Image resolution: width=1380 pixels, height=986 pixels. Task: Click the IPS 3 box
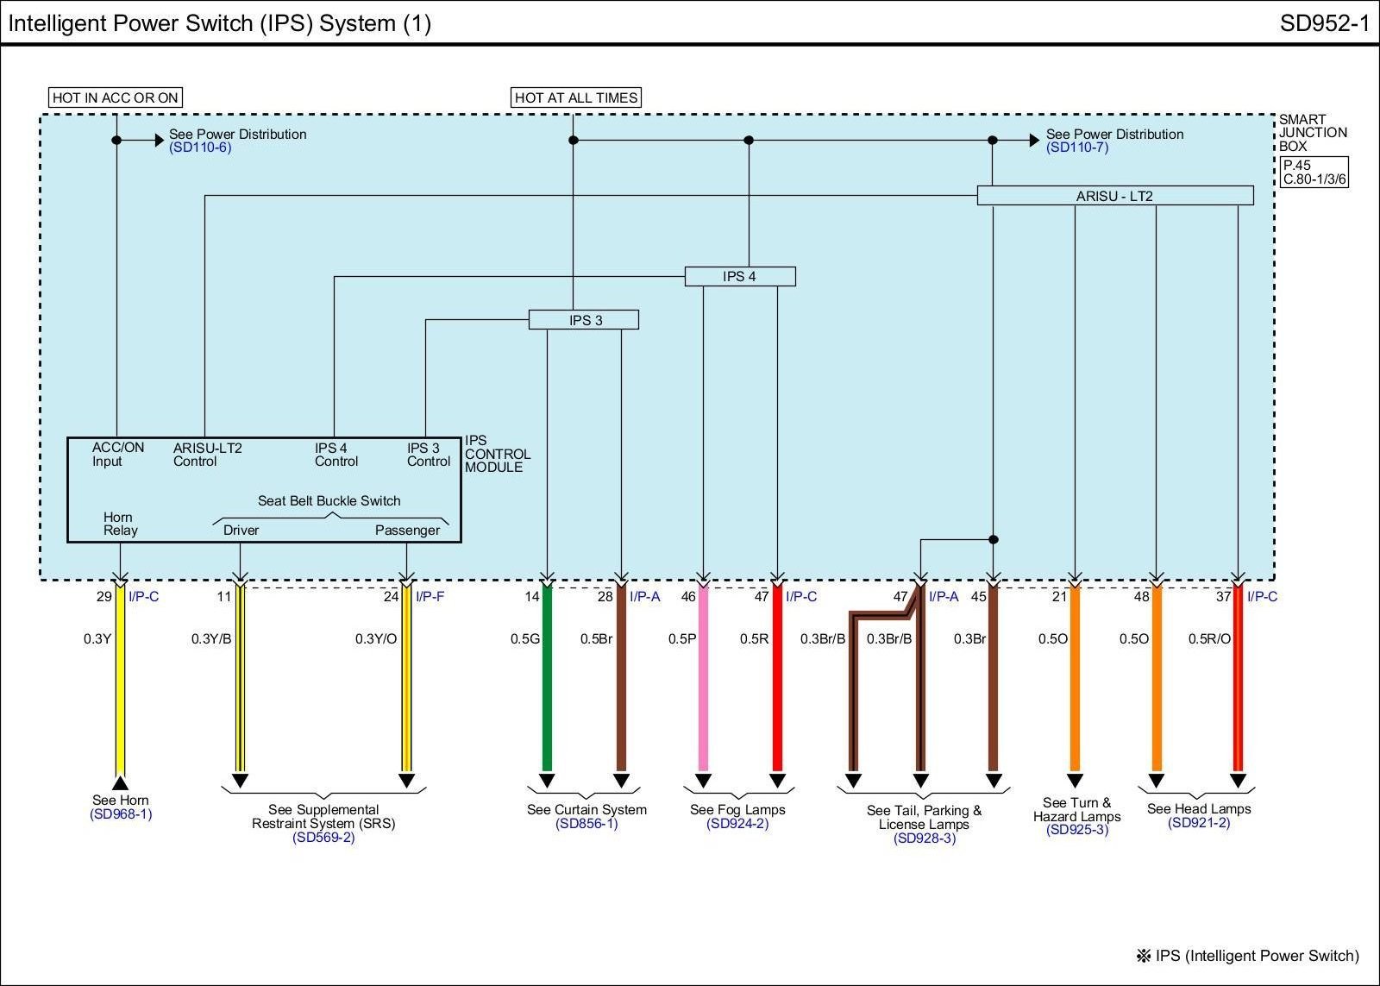pyautogui.click(x=584, y=320)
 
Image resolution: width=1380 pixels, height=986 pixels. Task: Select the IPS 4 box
pyautogui.click(x=740, y=276)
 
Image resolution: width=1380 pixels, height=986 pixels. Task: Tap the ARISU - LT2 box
pyautogui.click(x=1114, y=196)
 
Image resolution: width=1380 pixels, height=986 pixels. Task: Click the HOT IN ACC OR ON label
pyautogui.click(x=116, y=97)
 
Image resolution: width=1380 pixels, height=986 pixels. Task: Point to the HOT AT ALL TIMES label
pyautogui.click(x=576, y=97)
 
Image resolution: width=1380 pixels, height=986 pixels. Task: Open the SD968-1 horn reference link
pyautogui.click(x=121, y=814)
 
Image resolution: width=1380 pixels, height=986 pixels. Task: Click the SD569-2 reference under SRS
pyautogui.click(x=323, y=837)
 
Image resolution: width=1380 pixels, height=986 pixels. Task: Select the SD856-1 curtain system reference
pyautogui.click(x=586, y=824)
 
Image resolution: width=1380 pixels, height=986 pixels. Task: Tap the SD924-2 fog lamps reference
pyautogui.click(x=737, y=824)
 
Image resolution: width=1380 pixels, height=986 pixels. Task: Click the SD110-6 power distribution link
pyautogui.click(x=200, y=148)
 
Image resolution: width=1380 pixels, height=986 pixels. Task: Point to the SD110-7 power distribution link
pyautogui.click(x=1077, y=148)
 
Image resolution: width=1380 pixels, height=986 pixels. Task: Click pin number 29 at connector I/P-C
pyautogui.click(x=103, y=597)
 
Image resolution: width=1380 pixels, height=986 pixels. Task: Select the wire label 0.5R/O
pyautogui.click(x=1209, y=639)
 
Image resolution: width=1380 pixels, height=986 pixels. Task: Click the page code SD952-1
pyautogui.click(x=1324, y=23)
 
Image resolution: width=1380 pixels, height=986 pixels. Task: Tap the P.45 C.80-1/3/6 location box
pyautogui.click(x=1314, y=173)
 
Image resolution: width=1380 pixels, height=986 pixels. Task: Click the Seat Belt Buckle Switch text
pyautogui.click(x=329, y=500)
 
